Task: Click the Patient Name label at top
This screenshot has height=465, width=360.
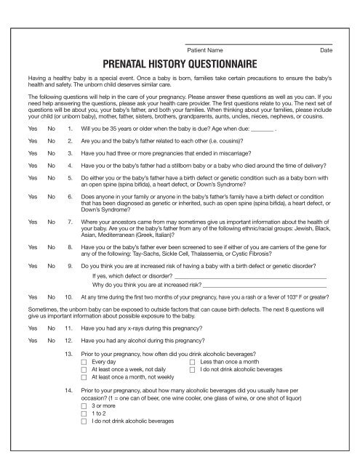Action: coord(205,50)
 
